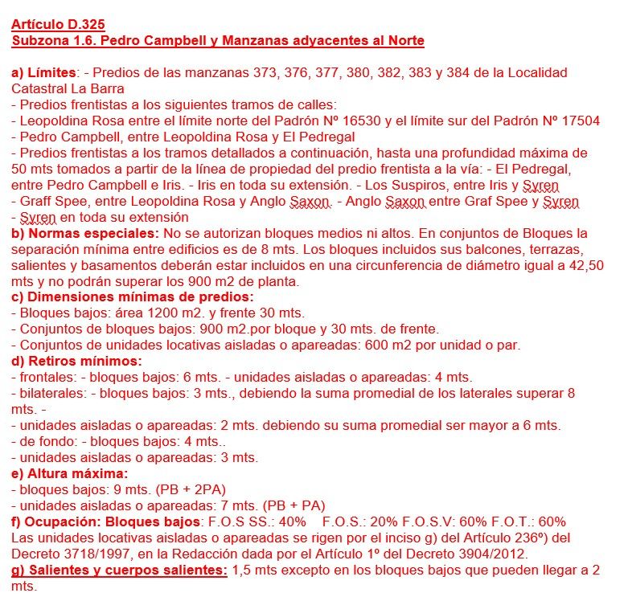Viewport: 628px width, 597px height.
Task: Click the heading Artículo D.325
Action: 60,24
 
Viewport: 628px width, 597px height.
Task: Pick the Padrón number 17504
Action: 576,121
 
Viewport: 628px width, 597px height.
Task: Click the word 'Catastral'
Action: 39,88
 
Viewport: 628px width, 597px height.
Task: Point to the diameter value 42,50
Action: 585,265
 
